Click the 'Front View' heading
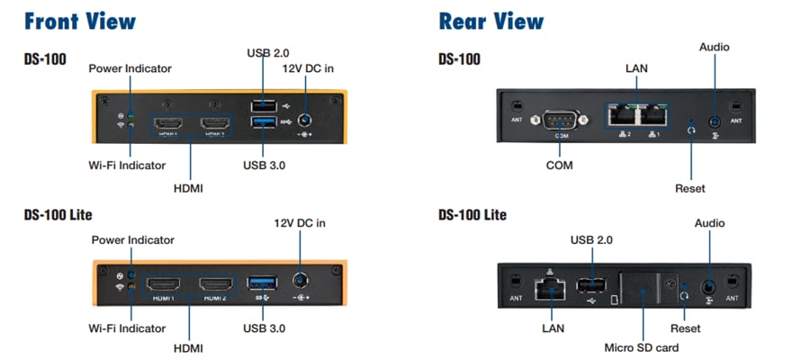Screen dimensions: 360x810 (80, 21)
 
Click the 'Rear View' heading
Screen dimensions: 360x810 (490, 21)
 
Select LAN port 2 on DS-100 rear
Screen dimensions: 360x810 (621, 115)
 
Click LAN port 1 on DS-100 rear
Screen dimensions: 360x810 (652, 115)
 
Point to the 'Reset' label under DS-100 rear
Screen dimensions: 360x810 (689, 188)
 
